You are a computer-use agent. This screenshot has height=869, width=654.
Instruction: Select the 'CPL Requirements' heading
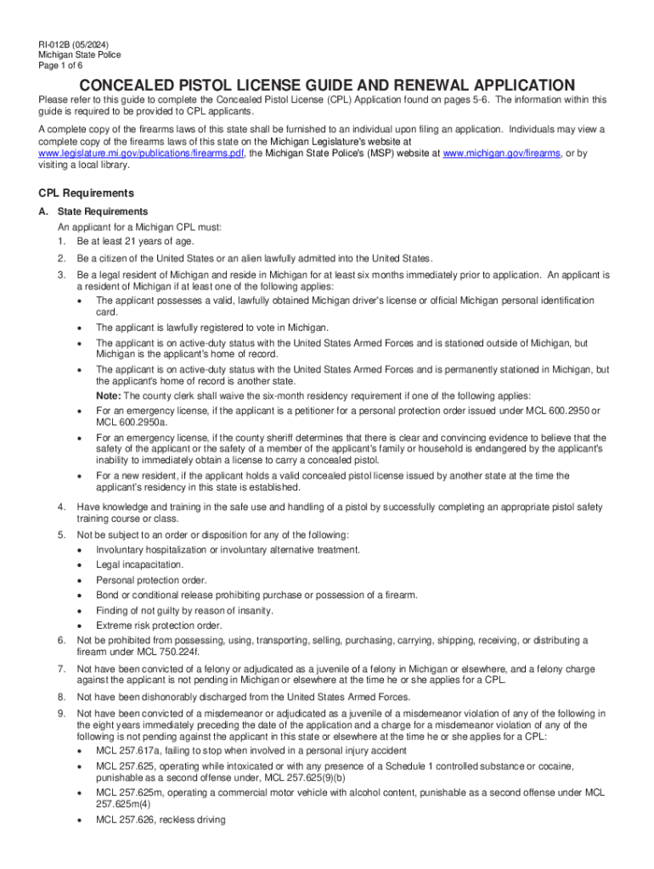click(86, 193)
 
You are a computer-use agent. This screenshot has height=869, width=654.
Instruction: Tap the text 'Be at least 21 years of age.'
click(136, 241)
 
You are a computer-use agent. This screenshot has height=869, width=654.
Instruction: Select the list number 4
click(61, 507)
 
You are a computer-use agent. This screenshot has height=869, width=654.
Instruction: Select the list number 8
click(61, 697)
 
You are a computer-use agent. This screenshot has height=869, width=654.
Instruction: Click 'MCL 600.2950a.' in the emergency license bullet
click(132, 422)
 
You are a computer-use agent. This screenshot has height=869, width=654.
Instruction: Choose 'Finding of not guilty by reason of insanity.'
click(184, 610)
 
